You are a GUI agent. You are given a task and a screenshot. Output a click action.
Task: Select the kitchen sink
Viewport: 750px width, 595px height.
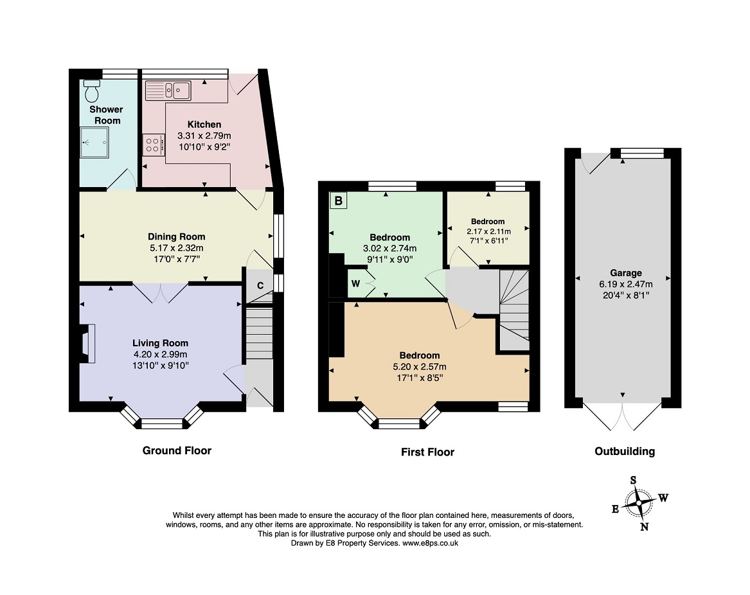pos(167,90)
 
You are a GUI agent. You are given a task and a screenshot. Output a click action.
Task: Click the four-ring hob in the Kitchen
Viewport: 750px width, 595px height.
pos(153,144)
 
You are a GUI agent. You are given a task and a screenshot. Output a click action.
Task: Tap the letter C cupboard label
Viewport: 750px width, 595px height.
pos(260,286)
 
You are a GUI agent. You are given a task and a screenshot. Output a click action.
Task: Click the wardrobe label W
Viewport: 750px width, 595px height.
pos(355,283)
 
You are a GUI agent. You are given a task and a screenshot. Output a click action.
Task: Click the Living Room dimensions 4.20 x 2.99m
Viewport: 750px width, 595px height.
pos(160,354)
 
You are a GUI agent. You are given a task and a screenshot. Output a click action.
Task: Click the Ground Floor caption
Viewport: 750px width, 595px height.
pos(177,450)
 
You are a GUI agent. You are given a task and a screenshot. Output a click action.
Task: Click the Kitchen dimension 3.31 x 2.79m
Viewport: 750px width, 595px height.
pos(204,136)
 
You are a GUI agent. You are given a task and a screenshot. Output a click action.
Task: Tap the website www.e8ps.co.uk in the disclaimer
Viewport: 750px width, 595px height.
pos(430,543)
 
